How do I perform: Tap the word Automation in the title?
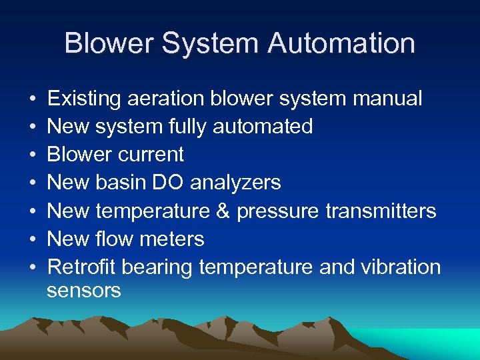[x=341, y=43]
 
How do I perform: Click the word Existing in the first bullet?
[x=85, y=99]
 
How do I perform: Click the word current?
[x=153, y=154]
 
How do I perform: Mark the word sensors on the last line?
[x=84, y=290]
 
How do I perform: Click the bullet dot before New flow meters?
[x=33, y=239]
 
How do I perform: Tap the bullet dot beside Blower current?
[x=33, y=154]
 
